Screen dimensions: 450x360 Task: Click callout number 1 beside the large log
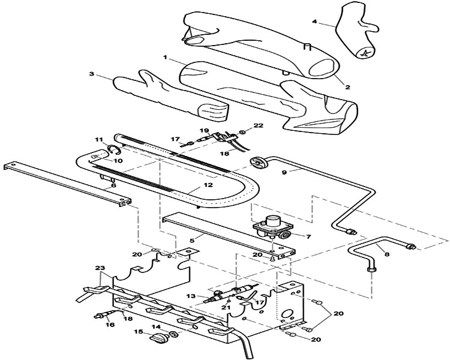coord(165,58)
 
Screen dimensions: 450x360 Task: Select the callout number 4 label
coord(315,22)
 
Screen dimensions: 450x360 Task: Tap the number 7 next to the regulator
coord(308,237)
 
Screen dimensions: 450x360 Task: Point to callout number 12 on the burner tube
coord(208,185)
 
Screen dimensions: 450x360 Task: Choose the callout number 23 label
coord(99,268)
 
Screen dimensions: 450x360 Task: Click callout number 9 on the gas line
coord(284,172)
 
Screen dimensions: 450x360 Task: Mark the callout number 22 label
coord(259,125)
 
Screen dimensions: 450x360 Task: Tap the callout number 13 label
coord(191,296)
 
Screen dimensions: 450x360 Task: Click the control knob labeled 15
coord(158,337)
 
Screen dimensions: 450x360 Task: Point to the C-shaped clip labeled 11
coord(113,149)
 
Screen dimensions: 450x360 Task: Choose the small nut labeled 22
coord(242,132)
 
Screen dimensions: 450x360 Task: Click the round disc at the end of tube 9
coord(259,163)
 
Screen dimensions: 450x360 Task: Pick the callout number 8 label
coord(387,254)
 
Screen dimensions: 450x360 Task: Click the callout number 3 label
coord(92,74)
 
